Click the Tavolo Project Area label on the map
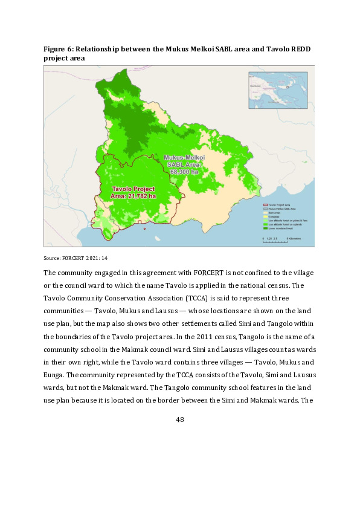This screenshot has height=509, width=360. [x=133, y=192]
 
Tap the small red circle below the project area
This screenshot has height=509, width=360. [x=144, y=229]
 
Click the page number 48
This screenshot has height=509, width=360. [x=179, y=420]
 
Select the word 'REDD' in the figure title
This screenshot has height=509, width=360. [x=304, y=48]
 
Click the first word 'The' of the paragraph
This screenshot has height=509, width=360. [x=50, y=273]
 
